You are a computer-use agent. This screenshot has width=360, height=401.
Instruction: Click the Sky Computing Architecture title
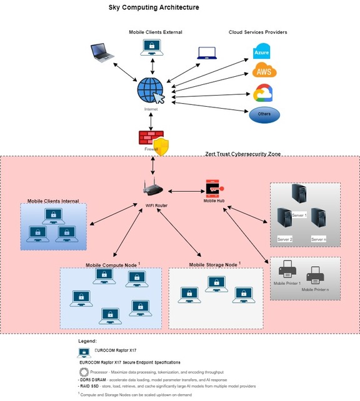[x=154, y=7]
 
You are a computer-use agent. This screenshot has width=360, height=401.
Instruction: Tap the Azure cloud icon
[x=261, y=51]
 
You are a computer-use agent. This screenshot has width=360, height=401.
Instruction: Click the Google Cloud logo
[x=261, y=94]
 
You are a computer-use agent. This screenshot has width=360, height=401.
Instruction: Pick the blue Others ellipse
[x=264, y=115]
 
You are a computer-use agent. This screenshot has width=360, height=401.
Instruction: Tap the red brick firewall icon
[x=150, y=138]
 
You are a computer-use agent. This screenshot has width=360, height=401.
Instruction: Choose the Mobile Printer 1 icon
[x=286, y=271]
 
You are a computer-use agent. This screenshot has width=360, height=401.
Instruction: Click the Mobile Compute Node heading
[x=111, y=265]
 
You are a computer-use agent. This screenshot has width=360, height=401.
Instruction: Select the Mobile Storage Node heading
[x=214, y=265]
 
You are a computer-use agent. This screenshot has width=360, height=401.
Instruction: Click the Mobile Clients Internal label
[x=57, y=201]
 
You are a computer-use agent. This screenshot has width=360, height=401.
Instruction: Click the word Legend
[x=87, y=342]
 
